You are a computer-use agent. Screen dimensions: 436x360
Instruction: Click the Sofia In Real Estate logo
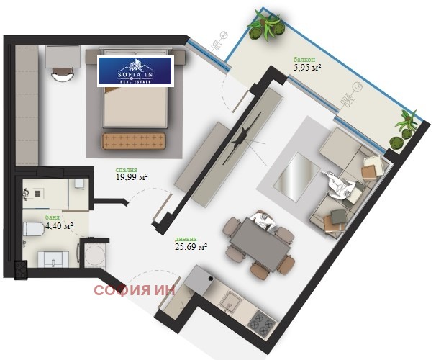point(135,71)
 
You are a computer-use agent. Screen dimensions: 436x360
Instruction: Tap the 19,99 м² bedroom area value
point(132,177)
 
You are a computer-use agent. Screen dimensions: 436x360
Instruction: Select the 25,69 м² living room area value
point(191,246)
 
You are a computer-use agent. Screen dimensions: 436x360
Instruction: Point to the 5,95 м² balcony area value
point(307,68)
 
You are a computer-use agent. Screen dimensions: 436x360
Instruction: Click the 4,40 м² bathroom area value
point(59,225)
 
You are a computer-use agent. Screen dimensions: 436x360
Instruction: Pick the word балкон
point(304,59)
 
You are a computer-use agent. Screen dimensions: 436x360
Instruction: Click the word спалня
point(126,170)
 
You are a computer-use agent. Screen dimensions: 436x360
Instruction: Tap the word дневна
point(186,239)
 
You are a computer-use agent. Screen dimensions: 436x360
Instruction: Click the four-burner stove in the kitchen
point(262,323)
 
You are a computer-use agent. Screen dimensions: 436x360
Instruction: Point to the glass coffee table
point(296,176)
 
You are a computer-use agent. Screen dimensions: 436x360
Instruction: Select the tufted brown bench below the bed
point(134,141)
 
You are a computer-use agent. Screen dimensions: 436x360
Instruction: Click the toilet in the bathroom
point(33,230)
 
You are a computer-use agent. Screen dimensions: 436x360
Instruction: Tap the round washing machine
point(95,255)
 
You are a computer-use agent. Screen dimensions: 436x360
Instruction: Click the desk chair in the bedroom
point(63,75)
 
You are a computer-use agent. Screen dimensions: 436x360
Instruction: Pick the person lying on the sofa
point(340,185)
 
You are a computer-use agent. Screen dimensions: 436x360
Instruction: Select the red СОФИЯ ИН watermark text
point(135,290)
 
